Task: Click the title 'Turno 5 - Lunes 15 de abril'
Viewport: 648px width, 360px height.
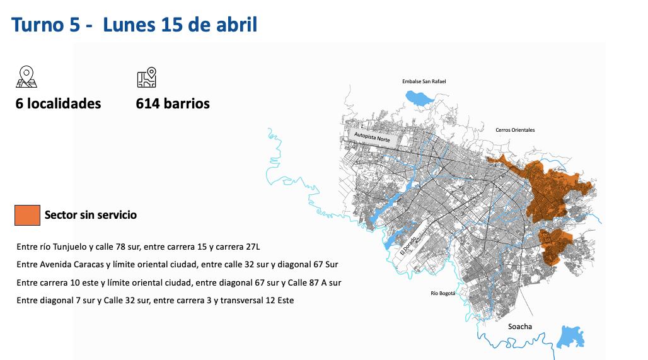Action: [x=134, y=25]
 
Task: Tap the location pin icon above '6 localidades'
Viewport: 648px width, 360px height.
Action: [x=26, y=77]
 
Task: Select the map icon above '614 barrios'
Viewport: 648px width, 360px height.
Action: [x=146, y=77]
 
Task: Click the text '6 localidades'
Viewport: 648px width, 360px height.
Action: [x=58, y=103]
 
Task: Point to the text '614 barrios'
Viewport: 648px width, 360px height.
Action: [x=173, y=103]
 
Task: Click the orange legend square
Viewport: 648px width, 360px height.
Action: [x=27, y=215]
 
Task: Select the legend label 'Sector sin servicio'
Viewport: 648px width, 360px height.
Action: [x=90, y=215]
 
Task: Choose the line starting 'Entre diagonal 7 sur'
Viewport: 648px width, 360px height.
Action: [x=155, y=300]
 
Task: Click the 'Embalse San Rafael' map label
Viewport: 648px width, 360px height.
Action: [x=424, y=81]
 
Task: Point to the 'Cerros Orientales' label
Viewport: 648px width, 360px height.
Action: [x=514, y=130]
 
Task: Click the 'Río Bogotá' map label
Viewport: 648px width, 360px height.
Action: [x=443, y=294]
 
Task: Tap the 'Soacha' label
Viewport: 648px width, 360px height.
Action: [x=519, y=327]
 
